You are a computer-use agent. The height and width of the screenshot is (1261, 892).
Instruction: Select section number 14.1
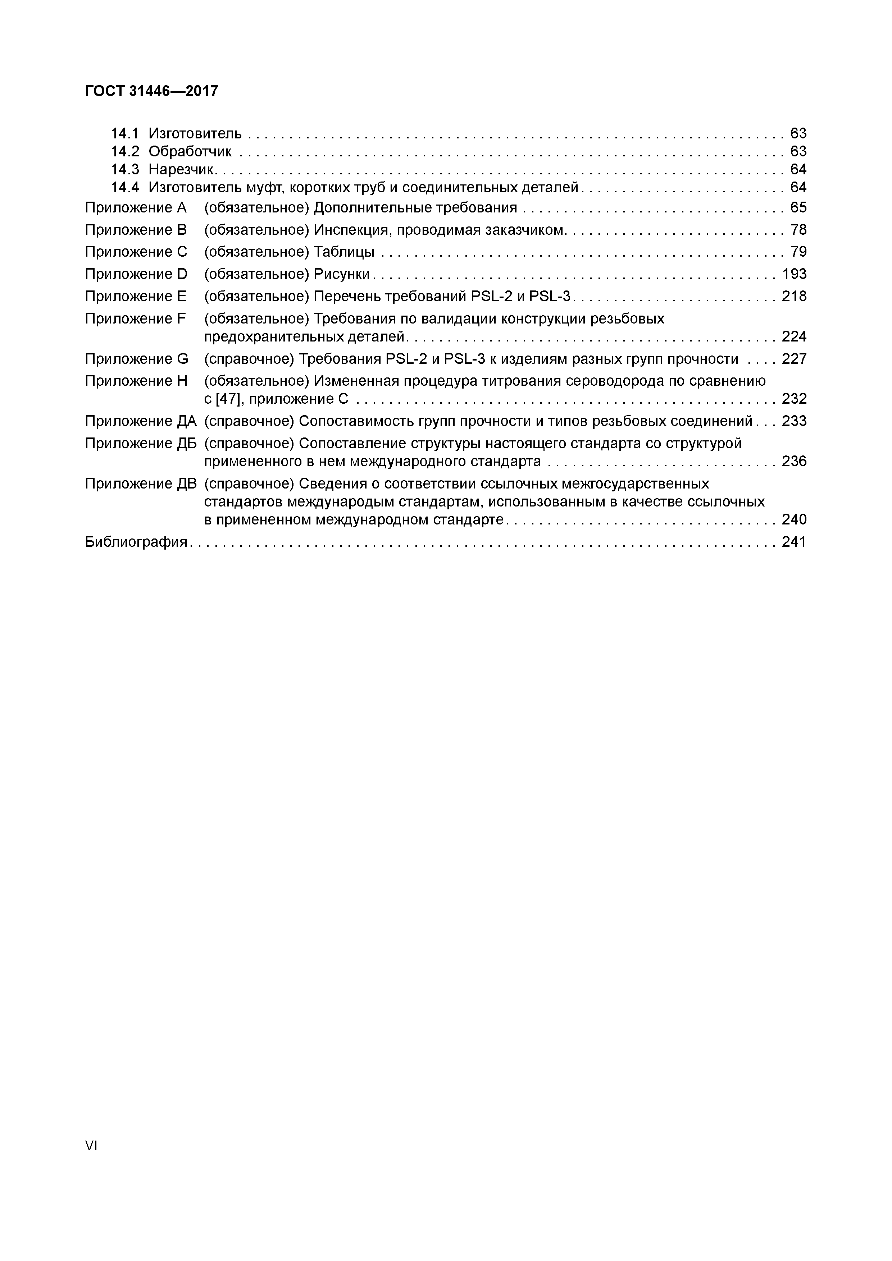tap(125, 133)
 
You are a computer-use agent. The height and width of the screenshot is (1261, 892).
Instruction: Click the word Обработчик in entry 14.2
tap(190, 152)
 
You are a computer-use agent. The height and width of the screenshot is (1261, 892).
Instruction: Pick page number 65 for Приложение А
tap(798, 208)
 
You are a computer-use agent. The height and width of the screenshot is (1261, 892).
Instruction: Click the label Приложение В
tap(136, 230)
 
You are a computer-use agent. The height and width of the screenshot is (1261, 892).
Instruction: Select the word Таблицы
tap(344, 252)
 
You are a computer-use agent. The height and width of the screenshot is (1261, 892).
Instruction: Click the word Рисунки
tap(341, 274)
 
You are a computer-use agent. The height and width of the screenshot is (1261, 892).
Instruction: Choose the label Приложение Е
tap(136, 297)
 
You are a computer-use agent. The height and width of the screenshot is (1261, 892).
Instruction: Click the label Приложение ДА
tap(141, 421)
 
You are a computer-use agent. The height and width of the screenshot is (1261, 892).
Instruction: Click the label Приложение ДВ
tap(141, 484)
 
